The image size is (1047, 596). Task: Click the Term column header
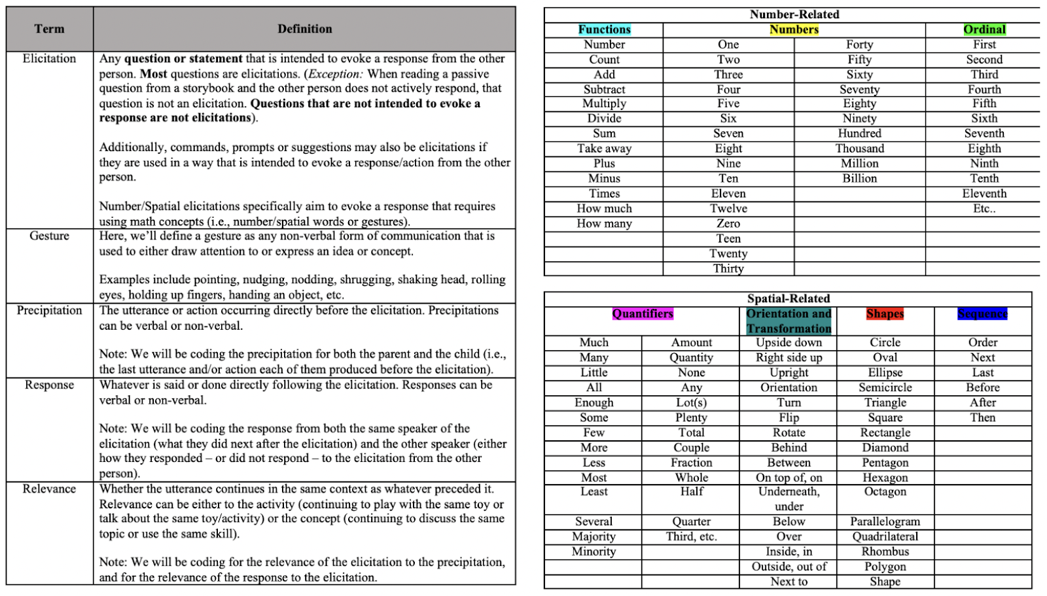49,29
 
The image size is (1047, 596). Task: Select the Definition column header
304,29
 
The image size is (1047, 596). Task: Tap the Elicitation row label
49,59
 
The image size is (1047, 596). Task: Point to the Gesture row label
49,236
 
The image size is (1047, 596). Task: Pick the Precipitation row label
49,311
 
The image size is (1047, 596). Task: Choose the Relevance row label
49,489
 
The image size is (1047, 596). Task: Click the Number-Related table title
794,14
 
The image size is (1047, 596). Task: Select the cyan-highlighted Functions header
604,29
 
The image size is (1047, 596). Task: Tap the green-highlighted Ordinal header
984,29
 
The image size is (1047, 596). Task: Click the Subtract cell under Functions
604,90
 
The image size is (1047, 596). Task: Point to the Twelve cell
728,209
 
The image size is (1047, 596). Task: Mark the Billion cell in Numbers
859,179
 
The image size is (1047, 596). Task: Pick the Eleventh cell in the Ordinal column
984,194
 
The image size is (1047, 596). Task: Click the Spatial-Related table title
789,299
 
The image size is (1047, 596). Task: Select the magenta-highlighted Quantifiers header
643,314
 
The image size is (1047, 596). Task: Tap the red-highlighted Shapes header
885,314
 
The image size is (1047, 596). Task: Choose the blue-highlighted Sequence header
982,314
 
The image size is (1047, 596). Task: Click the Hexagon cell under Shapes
885,478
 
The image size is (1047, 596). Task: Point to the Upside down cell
789,343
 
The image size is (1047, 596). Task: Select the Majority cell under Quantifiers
594,536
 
